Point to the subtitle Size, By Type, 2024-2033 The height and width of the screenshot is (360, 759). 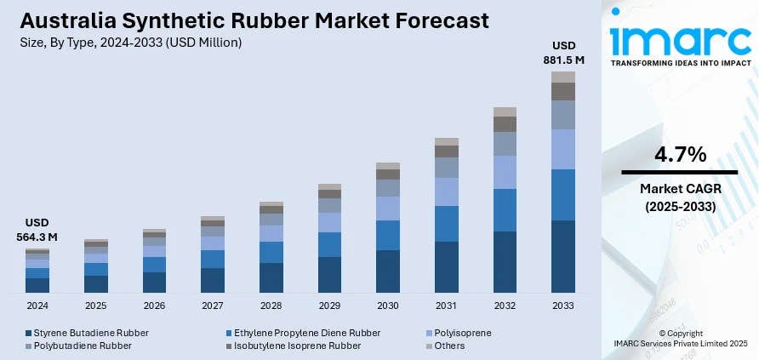coord(128,42)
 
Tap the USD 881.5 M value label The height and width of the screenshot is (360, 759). coord(562,53)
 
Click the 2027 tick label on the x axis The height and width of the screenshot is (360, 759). coord(213,305)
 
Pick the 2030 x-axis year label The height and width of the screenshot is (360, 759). coord(388,305)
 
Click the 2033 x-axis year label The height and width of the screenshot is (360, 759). coord(562,305)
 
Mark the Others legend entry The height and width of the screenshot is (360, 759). coord(448,346)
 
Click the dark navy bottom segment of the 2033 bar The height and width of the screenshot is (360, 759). coord(562,256)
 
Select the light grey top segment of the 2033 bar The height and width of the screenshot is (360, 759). coord(562,77)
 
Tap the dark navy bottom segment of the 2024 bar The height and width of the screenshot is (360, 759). coord(37,285)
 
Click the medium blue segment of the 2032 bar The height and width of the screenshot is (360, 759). coord(505,210)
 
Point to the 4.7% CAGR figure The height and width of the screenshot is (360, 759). coord(679,155)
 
